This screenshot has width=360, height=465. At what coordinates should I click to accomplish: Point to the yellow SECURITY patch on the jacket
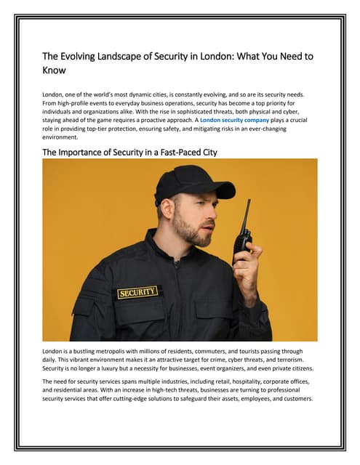tap(137, 293)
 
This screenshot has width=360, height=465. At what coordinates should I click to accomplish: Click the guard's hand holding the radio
tap(247, 265)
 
